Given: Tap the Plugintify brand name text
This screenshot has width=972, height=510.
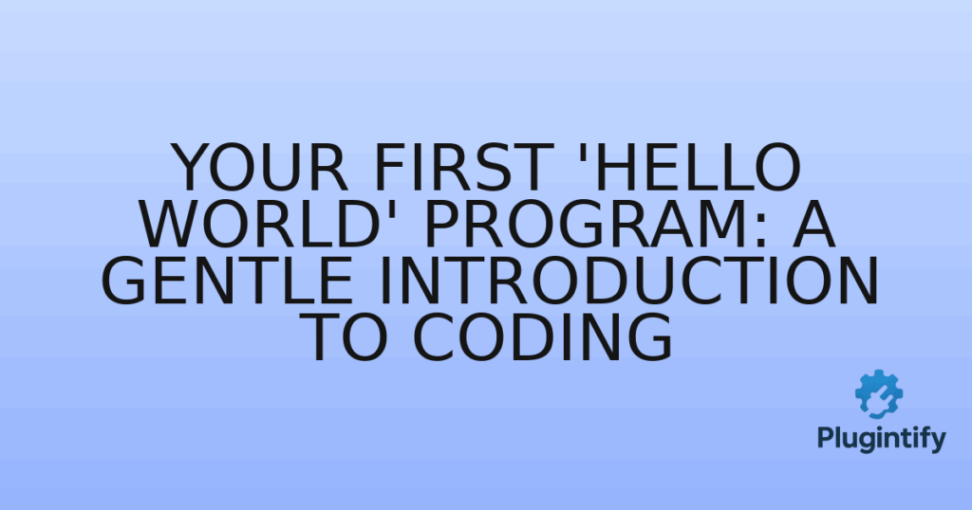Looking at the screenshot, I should click(x=881, y=439).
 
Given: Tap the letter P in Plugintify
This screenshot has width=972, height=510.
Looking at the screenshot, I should click(x=825, y=439).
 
